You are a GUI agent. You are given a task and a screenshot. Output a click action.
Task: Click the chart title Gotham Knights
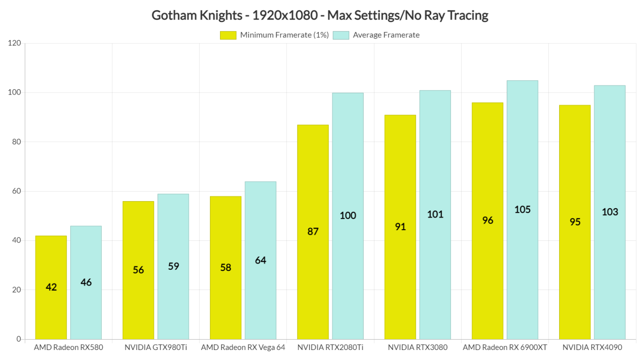pos(320,15)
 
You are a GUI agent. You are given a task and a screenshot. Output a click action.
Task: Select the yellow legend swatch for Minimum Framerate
pos(228,35)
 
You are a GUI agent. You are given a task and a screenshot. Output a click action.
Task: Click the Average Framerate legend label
pos(386,35)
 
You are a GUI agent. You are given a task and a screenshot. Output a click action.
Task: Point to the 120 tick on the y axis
pos(14,43)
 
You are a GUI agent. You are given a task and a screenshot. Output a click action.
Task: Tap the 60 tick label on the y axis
pos(16,191)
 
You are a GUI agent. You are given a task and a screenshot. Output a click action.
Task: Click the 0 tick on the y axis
pos(19,339)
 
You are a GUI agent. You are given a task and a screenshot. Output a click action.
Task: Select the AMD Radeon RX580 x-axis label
pos(68,347)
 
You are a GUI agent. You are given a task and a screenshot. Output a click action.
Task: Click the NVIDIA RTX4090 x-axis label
pos(592,347)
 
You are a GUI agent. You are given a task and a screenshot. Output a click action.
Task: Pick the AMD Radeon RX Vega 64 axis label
pos(243,347)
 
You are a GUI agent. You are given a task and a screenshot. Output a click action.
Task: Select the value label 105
pos(522,210)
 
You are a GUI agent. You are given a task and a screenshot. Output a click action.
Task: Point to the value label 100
pos(347,215)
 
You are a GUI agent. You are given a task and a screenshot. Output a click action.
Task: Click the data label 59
pos(173,266)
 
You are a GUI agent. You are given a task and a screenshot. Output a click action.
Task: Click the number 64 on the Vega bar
pos(260,260)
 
